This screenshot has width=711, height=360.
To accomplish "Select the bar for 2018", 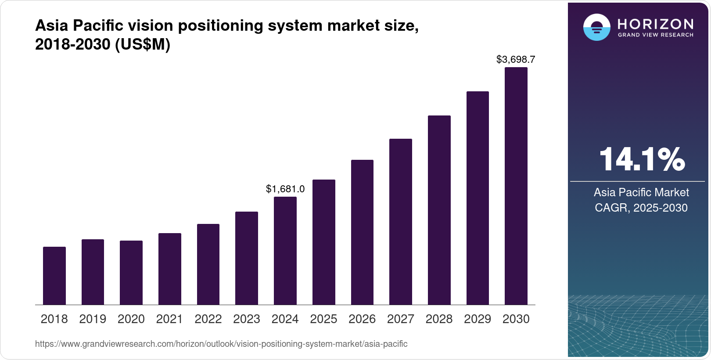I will [54, 276].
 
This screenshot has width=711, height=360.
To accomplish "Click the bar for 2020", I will [131, 273].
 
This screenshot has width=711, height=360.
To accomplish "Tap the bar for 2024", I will [285, 251].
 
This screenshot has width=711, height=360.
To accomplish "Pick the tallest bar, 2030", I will [516, 186].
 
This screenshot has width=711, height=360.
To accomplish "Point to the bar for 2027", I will [401, 222].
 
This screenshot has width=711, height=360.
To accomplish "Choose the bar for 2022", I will [208, 264].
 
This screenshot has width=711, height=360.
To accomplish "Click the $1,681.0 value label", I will [285, 189].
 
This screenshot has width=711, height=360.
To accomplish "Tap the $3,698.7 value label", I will [516, 59].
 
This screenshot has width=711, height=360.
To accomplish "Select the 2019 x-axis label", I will [93, 319].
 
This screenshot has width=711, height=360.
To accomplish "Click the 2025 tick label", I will [323, 319].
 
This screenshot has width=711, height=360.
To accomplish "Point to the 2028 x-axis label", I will [439, 319].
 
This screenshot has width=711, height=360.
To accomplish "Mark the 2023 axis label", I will [247, 319].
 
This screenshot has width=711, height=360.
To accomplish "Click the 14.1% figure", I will [641, 159].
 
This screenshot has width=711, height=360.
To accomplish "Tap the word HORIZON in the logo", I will [655, 24].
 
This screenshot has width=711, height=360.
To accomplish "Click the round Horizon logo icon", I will [596, 27].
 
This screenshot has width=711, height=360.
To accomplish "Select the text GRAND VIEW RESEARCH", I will [655, 35].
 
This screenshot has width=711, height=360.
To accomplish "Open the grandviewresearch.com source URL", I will [221, 344].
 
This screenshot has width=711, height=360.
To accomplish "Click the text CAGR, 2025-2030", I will [641, 208].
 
